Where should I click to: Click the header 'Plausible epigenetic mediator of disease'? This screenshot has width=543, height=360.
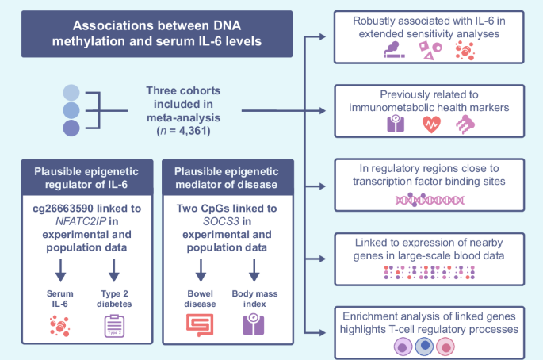click(x=227, y=181)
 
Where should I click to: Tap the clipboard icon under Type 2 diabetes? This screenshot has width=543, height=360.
click(x=116, y=326)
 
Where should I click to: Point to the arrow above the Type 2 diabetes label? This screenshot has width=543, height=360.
click(x=114, y=271)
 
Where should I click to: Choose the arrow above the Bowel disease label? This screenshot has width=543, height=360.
click(x=199, y=271)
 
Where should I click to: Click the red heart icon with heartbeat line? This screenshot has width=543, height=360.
click(x=431, y=124)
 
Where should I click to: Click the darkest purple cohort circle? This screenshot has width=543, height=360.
click(x=71, y=128)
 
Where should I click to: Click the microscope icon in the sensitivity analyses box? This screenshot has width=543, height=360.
click(x=394, y=51)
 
